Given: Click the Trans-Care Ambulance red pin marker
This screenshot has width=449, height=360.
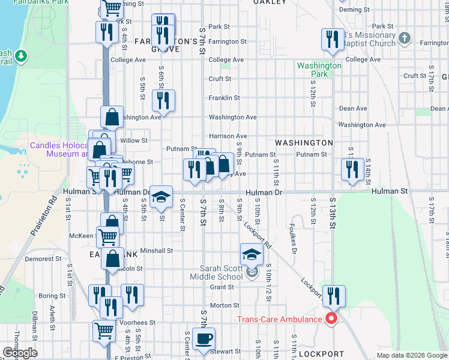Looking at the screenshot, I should pyautogui.click(x=330, y=318).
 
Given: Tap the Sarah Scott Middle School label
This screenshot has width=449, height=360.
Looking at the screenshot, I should pyautogui.click(x=217, y=272).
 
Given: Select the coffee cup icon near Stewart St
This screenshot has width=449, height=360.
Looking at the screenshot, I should pyautogui.click(x=203, y=338).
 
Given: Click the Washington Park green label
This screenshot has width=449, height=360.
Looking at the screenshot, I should pyautogui.click(x=319, y=70).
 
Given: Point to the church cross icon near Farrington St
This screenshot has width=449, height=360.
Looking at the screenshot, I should pyautogui.click(x=405, y=38).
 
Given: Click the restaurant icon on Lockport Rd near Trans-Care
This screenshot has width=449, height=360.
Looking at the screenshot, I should pyautogui.click(x=334, y=295).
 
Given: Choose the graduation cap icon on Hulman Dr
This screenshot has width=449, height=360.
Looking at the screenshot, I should pyautogui.click(x=161, y=196).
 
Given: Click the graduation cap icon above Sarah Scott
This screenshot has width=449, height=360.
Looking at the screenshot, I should pyautogui.click(x=252, y=253).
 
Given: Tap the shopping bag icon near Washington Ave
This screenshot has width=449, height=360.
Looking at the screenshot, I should pyautogui.click(x=112, y=116).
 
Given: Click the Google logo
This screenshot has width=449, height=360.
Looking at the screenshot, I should pyautogui.click(x=20, y=353).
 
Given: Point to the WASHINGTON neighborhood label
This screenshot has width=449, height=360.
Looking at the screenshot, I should pyautogui.click(x=304, y=143).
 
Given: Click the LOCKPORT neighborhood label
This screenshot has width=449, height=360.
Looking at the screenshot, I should pyautogui.click(x=321, y=354).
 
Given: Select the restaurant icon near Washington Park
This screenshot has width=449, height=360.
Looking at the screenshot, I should pyautogui.click(x=330, y=40).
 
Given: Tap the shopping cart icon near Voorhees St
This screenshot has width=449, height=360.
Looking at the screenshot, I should pyautogui.click(x=104, y=330).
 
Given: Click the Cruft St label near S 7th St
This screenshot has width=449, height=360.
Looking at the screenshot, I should pyautogui.click(x=220, y=79).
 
